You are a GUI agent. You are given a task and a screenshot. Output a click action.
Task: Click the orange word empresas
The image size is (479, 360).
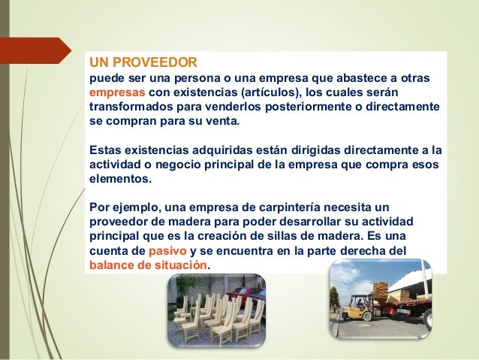116,92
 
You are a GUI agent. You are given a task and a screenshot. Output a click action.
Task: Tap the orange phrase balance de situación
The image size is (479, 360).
149,266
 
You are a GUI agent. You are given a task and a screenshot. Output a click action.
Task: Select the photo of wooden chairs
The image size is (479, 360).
215,309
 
